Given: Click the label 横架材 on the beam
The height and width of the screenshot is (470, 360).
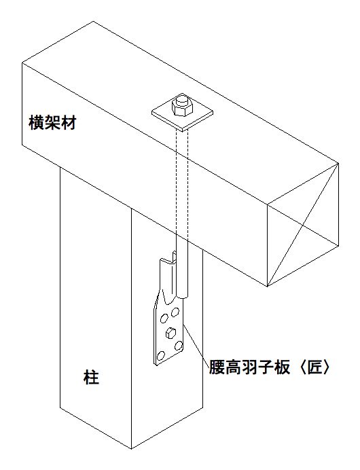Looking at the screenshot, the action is click(x=52, y=123).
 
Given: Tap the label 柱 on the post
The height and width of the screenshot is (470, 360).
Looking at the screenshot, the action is click(x=91, y=377).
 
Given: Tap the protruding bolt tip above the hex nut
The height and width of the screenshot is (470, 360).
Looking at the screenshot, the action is click(x=181, y=100).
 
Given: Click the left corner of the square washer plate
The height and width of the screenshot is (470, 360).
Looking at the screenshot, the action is click(x=151, y=112).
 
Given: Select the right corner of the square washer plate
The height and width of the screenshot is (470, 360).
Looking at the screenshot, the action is click(x=213, y=113).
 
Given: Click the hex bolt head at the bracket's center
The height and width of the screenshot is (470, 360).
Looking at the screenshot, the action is click(x=170, y=333).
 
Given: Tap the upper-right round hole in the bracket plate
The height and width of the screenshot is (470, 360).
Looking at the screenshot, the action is click(x=175, y=313).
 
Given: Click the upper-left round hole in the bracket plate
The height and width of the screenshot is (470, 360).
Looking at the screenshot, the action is click(x=164, y=318).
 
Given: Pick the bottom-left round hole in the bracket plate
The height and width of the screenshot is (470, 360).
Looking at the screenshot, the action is click(x=161, y=356).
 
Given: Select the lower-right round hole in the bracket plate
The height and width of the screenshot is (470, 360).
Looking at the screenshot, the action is click(x=179, y=346).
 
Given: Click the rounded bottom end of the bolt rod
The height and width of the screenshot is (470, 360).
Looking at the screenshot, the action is click(x=183, y=297).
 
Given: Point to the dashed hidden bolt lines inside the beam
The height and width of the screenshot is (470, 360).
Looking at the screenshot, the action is click(x=183, y=183).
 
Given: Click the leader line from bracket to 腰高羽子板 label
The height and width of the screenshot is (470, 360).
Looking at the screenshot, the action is click(x=196, y=345).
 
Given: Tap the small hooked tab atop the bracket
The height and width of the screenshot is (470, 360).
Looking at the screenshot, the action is click(x=173, y=257).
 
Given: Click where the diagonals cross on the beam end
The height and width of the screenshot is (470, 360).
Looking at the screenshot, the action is click(x=303, y=225).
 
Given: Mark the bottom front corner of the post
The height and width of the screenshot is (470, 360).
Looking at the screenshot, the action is click(x=131, y=449).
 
